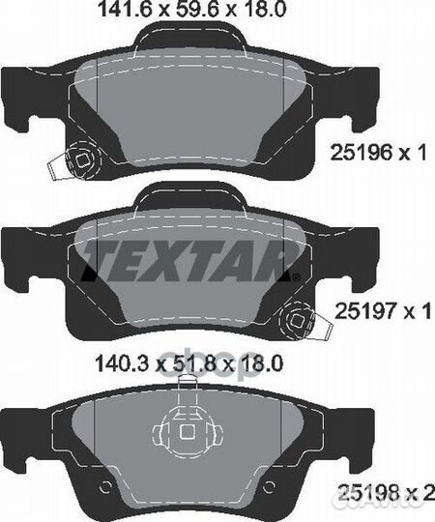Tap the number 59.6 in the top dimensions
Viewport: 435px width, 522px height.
(194, 10)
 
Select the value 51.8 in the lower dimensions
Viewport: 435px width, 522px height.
(191, 362)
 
